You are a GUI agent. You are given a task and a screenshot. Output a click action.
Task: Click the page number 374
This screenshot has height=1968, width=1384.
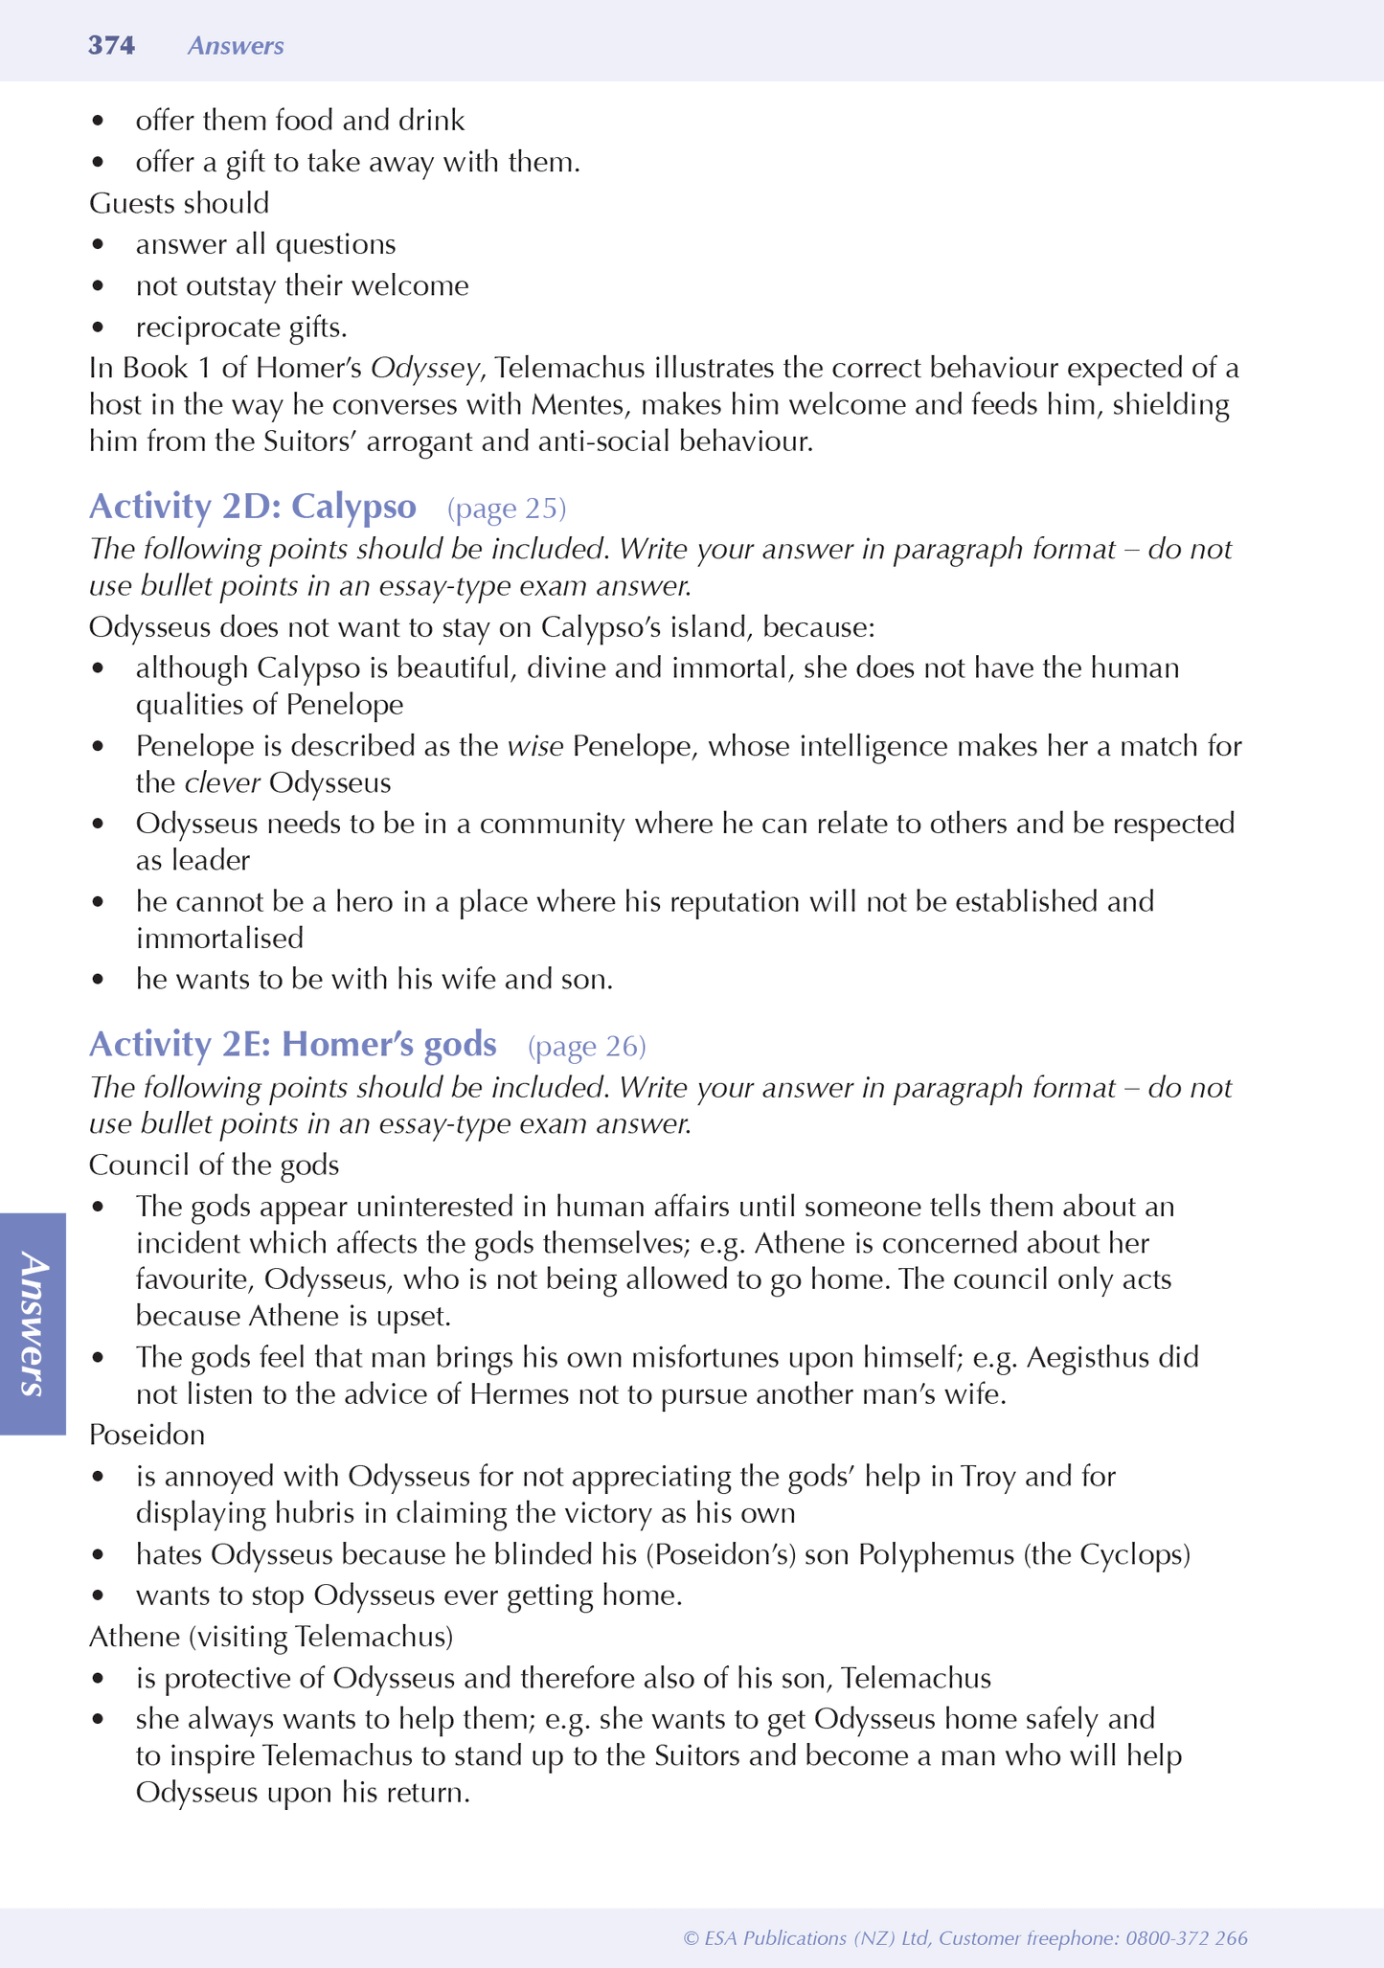tap(111, 46)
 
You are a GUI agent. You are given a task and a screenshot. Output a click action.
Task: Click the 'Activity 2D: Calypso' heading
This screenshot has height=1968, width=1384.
tap(252, 506)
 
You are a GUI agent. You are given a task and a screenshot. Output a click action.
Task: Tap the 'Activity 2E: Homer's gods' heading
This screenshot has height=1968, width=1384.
tap(292, 1044)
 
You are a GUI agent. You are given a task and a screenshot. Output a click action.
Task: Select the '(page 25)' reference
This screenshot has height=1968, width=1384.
tap(507, 508)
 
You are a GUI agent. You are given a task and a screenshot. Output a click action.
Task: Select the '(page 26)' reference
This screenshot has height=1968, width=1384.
tap(586, 1046)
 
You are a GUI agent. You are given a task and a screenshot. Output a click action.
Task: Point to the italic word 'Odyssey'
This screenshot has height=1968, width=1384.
tap(425, 368)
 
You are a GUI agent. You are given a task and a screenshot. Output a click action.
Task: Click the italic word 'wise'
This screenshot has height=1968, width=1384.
tap(534, 745)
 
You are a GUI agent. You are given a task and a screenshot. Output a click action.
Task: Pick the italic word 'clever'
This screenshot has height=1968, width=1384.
tap(222, 782)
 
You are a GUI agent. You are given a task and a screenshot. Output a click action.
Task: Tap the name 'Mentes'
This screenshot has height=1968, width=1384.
tap(579, 404)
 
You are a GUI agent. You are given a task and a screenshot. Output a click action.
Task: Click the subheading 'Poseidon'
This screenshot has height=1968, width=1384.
tap(147, 1434)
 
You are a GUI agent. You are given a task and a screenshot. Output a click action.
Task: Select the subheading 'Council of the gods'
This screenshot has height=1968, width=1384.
tap(214, 1165)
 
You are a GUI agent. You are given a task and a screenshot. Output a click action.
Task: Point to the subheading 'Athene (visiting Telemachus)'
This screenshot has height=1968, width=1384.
tap(270, 1636)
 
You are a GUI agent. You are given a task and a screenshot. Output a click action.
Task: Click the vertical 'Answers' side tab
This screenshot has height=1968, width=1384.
tap(33, 1323)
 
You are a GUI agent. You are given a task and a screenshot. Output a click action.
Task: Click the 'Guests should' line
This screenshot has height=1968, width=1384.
tap(179, 203)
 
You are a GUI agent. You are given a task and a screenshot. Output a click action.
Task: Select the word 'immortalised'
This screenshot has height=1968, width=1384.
tap(219, 938)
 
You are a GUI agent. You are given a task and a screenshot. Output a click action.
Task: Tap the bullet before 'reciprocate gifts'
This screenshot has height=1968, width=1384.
tap(97, 328)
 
